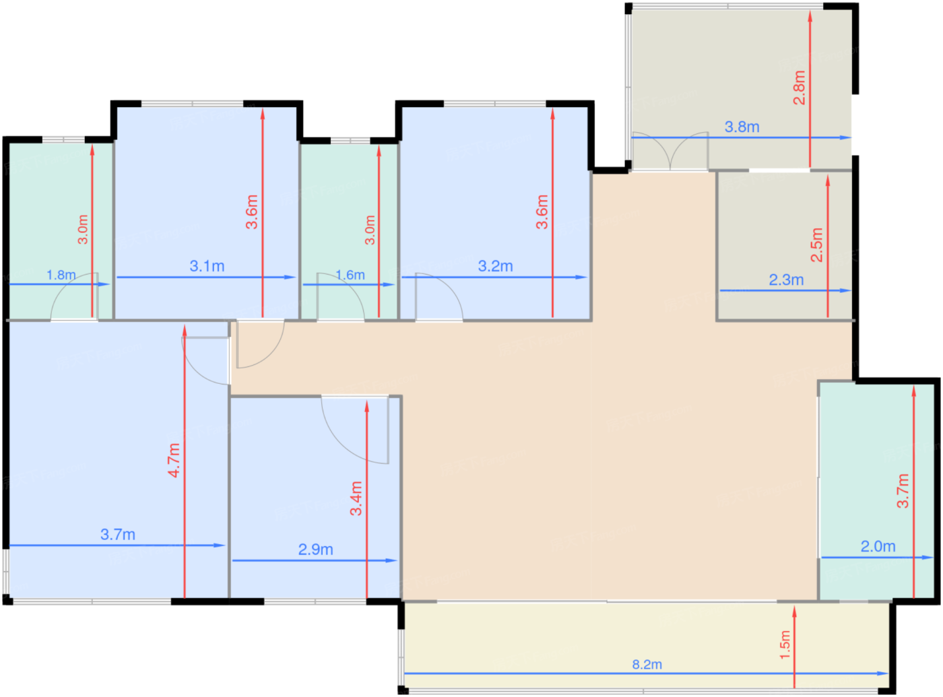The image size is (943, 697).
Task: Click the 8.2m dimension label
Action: point(647,664)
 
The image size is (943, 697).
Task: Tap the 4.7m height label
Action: point(174,461)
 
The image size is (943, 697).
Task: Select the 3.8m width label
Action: point(742,127)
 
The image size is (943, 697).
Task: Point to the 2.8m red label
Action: point(800,88)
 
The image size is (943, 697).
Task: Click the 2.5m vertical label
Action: point(817,245)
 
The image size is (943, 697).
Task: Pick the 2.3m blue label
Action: point(786,280)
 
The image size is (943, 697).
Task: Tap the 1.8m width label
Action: point(61,275)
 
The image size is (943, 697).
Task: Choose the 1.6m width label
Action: point(350,275)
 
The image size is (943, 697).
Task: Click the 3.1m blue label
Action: point(207,266)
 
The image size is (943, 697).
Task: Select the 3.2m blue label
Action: point(495,266)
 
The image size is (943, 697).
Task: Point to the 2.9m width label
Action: point(315,550)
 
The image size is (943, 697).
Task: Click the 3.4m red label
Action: point(356,498)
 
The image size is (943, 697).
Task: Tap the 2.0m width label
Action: point(878,546)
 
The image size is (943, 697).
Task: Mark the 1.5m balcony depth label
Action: point(785,644)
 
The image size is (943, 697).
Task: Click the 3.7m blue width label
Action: point(118,535)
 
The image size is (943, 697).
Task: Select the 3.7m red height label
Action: point(903,491)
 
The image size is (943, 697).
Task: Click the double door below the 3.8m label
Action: point(670,152)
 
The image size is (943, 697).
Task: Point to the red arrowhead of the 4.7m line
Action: point(185,331)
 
